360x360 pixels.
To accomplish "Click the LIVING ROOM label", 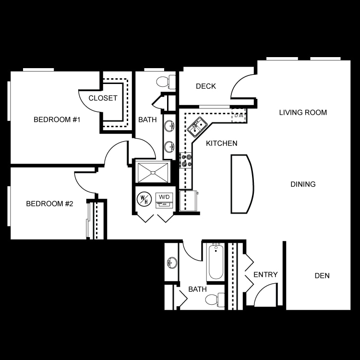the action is pos(303,112).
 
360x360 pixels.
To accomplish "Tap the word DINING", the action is pos(303,184).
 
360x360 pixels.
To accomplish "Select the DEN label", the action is pos(322,276).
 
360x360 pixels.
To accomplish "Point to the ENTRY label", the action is pos(265,275).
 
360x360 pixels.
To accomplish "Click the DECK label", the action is pos(206,86).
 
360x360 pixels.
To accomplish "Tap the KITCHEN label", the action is pos(222,143).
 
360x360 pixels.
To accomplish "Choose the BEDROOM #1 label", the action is pos(57,120).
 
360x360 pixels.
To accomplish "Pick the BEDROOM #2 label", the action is pos(49,204).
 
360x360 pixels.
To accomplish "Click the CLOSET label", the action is pos(103,98).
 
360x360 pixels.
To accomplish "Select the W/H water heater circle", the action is pos(144,199).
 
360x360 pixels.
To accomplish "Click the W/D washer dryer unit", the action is pos(164,200).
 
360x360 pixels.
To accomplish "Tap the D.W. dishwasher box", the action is pos(239,116).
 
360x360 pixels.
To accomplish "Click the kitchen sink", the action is pos(197,127).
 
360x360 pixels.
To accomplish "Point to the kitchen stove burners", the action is pos(186,160).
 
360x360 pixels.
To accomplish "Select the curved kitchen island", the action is pos(242,184).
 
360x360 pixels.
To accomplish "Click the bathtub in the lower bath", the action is pos(216,262).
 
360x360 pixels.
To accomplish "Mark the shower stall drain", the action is pos(153,172).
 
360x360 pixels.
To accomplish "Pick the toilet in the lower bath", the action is pos(215,300).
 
